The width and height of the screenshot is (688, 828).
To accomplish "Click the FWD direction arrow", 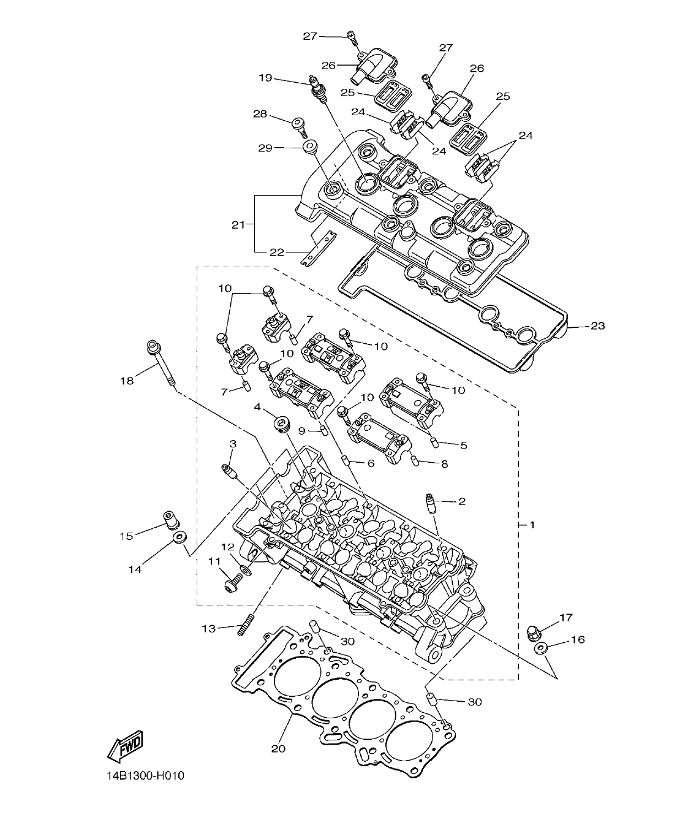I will [126, 746].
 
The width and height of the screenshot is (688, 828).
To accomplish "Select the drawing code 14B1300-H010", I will [145, 775].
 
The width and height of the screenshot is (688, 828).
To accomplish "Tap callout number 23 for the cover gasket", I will [597, 326].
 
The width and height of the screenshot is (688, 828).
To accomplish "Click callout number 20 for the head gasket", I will [278, 748].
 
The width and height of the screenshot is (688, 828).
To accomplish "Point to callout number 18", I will [127, 381].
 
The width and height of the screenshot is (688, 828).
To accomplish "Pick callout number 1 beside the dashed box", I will [532, 525].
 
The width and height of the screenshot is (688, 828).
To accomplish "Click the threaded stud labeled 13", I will [246, 626].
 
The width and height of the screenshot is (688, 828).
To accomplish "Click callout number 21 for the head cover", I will [238, 225].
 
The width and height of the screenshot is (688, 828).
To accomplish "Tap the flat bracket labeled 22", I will [320, 246].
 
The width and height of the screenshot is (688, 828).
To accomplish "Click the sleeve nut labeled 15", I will [168, 519].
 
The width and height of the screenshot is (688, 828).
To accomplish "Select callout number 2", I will [461, 501].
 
